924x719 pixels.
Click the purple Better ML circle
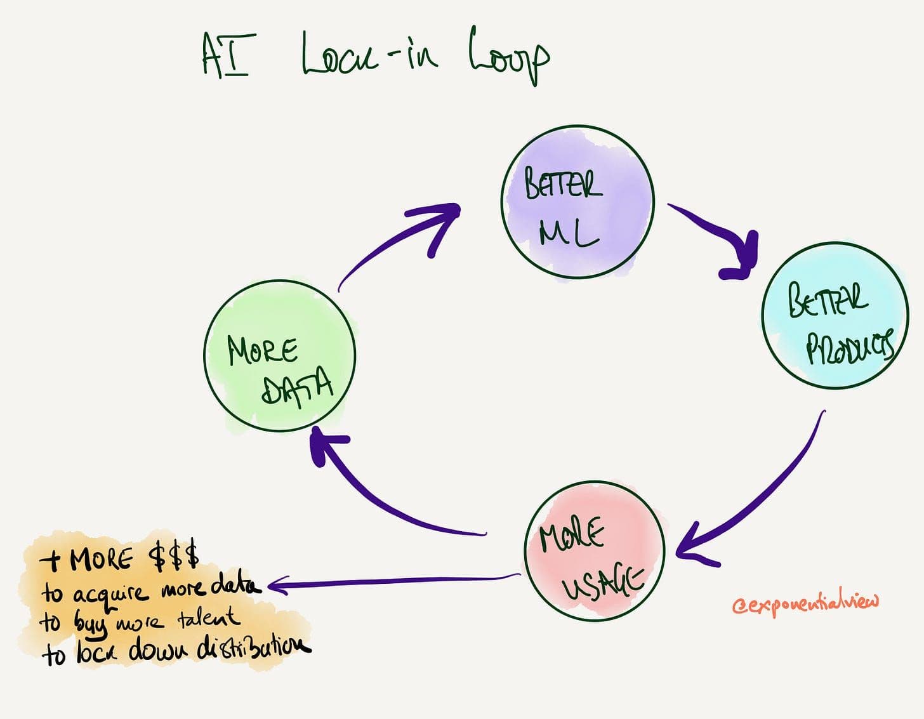pos(577,202)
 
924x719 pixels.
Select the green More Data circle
pos(280,357)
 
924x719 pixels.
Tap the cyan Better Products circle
pos(835,315)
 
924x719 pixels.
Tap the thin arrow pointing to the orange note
pos(393,581)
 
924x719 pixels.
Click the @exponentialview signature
pos(806,603)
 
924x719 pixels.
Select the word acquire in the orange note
pos(110,593)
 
